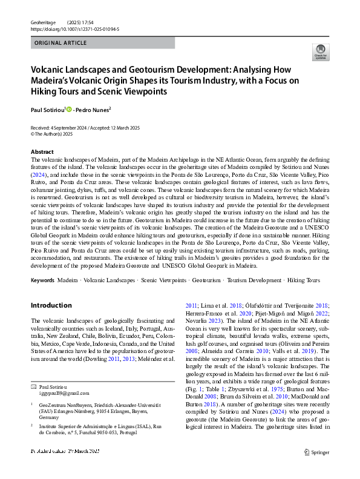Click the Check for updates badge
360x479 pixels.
click(x=319, y=53)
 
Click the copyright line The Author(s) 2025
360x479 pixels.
click(x=57, y=134)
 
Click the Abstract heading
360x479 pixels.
click(x=42, y=152)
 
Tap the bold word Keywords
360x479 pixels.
click(x=43, y=281)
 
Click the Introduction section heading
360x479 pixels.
click(x=51, y=306)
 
